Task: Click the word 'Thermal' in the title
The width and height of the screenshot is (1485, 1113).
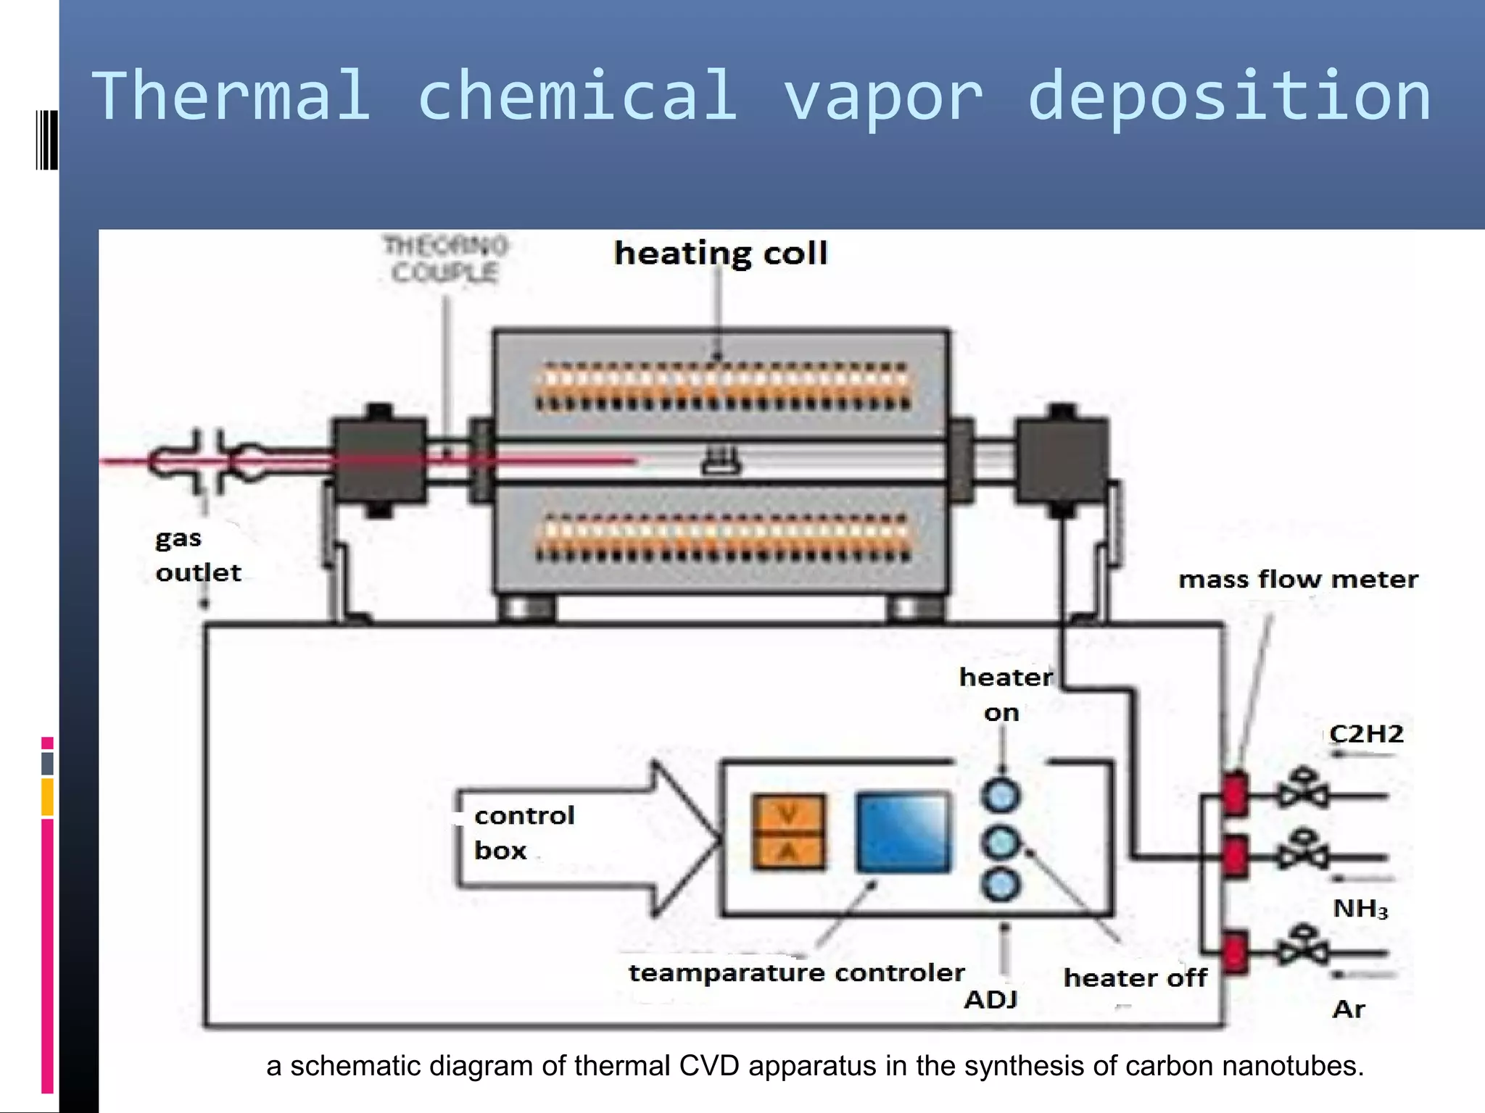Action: [231, 96]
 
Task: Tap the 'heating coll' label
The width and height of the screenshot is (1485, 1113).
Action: [720, 254]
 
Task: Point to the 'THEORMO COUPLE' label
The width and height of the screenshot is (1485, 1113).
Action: [445, 259]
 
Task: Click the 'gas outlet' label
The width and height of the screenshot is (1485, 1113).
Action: [197, 556]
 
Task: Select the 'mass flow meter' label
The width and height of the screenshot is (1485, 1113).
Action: [1297, 580]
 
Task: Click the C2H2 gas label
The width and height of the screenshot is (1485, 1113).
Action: [1366, 734]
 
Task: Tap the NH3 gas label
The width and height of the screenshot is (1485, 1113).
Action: [1360, 909]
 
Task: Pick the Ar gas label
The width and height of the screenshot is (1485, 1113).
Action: [1349, 1009]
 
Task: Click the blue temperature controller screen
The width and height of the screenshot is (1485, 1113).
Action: [903, 833]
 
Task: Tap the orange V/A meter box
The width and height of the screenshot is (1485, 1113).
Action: [788, 832]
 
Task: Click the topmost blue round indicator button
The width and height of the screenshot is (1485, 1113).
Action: [1001, 796]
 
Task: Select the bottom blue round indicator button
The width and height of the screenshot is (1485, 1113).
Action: [1001, 885]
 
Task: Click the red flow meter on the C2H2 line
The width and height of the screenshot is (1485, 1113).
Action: [1235, 793]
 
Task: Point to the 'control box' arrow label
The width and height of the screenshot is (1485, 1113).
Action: [524, 833]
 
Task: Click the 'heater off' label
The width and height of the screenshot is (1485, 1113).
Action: [1135, 978]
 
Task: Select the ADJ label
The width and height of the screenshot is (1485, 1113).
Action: [990, 1000]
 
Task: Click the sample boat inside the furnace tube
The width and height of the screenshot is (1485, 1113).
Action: [721, 462]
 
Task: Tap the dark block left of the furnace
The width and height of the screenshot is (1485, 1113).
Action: [379, 460]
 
